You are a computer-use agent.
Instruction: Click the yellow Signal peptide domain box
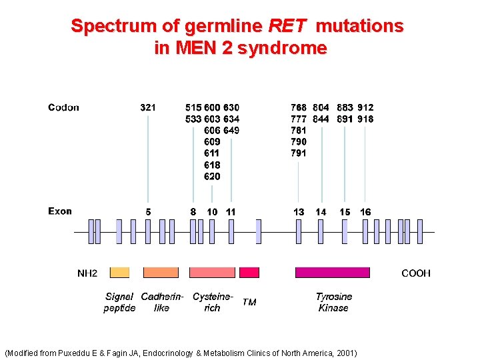pyautogui.click(x=119, y=272)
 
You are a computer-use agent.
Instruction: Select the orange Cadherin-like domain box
pyautogui.click(x=161, y=272)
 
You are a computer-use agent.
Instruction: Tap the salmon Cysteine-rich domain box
pyautogui.click(x=212, y=272)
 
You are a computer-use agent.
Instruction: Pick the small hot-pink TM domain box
pyautogui.click(x=249, y=272)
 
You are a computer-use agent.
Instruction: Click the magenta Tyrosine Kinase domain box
pyautogui.click(x=332, y=272)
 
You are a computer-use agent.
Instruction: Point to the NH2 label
pyautogui.click(x=87, y=273)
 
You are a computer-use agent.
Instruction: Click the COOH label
pyautogui.click(x=416, y=273)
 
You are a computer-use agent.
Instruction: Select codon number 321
pyautogui.click(x=148, y=107)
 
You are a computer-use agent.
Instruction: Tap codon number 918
pyautogui.click(x=365, y=119)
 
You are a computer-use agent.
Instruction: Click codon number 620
pyautogui.click(x=212, y=177)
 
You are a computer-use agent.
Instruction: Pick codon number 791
pyautogui.click(x=299, y=153)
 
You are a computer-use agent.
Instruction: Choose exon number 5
pyautogui.click(x=148, y=212)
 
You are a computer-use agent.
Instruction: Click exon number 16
pyautogui.click(x=365, y=212)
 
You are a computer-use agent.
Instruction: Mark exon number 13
pyautogui.click(x=299, y=212)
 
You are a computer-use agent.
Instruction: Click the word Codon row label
pyautogui.click(x=63, y=107)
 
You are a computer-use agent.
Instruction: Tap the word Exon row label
pyautogui.click(x=60, y=211)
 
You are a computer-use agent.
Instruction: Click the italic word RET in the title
pyautogui.click(x=287, y=26)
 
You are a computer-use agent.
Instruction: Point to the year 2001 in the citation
pyautogui.click(x=346, y=353)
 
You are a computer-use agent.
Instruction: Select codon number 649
pyautogui.click(x=231, y=130)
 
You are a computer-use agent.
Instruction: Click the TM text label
pyautogui.click(x=249, y=303)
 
